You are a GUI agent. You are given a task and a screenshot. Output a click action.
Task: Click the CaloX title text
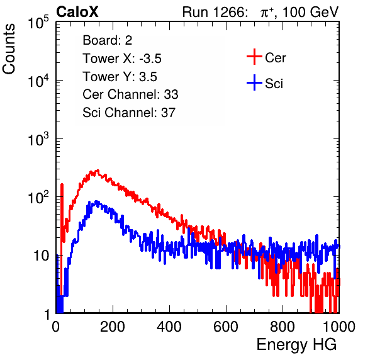77,12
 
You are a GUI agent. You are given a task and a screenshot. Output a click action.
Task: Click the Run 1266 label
215,12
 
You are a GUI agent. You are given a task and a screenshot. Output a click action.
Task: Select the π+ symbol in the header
267,12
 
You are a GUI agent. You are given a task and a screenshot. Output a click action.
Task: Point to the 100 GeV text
310,12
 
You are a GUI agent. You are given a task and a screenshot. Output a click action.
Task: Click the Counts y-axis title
9,49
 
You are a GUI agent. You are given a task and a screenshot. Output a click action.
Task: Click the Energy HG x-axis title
296,345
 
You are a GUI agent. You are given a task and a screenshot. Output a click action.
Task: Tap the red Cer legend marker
254,57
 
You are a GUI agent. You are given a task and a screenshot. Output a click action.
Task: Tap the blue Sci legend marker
254,82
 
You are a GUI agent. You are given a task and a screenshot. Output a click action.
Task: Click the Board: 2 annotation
108,40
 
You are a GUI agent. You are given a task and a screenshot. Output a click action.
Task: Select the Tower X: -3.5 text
122,59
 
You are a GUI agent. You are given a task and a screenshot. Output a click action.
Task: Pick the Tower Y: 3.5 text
120,77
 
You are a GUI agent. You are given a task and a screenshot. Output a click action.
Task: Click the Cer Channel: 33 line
130,94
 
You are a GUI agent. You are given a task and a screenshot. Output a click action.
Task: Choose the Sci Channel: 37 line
129,113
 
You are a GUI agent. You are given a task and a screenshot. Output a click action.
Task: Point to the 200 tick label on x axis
113,327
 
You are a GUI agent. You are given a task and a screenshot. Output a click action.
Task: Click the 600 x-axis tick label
226,327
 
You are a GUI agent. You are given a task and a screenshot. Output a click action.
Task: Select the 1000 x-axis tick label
339,327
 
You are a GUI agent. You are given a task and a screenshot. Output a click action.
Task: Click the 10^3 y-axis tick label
38,139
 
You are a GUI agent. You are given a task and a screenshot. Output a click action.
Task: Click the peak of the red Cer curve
97,171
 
